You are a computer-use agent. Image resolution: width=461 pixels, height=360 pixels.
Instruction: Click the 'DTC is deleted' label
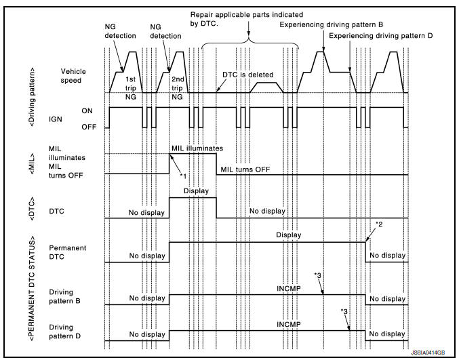[247, 75]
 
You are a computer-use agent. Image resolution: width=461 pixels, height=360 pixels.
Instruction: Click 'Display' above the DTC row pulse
[196, 191]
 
